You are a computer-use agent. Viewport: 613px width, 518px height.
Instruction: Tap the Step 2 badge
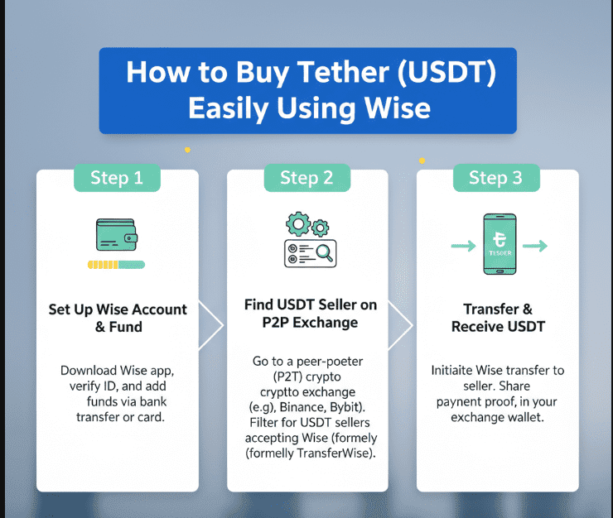click(x=306, y=178)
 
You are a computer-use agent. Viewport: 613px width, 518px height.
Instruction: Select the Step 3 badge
click(x=495, y=178)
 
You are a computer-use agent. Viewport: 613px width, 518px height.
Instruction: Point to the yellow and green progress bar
click(x=118, y=265)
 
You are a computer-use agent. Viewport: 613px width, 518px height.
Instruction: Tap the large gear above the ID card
click(x=297, y=223)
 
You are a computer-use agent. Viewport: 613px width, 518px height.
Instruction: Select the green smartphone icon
click(x=500, y=245)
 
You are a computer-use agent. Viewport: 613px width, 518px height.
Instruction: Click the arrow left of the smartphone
click(x=462, y=246)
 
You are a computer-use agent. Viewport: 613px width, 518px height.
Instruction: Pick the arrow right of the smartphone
click(x=536, y=246)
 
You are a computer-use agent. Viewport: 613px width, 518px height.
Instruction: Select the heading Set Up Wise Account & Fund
click(x=118, y=318)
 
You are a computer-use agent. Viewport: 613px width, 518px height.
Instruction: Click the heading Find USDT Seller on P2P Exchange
click(x=311, y=314)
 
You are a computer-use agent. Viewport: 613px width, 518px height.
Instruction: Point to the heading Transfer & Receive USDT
click(x=498, y=318)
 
